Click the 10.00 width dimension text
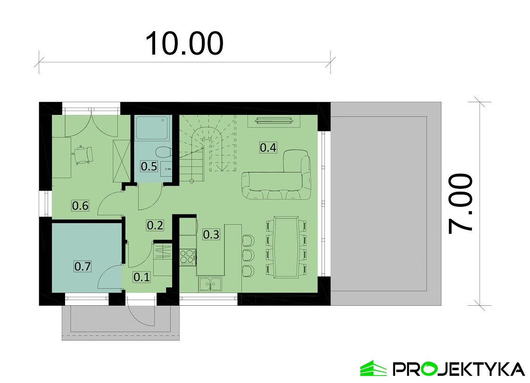pos(184,43)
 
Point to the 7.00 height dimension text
pos(460,204)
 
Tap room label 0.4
pos(268,147)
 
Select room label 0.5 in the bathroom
pos(149,166)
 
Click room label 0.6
pos(80,205)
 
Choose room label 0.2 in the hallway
pos(155,225)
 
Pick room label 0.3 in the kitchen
pos(211,234)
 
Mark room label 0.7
pos(83,266)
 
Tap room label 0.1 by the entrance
pos(141,277)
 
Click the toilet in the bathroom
pos(163,152)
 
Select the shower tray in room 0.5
pos(152,128)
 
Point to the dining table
pos(286,247)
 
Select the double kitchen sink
pos(210,284)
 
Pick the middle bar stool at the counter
pos(248,255)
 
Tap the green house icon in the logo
pos(373,368)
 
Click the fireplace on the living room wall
pos(273,121)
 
